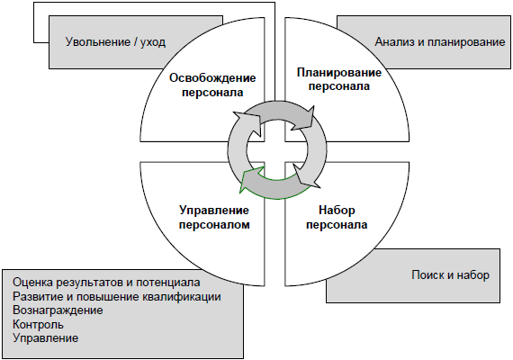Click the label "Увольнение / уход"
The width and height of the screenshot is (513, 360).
pos(115,42)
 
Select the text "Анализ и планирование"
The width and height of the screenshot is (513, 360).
pos(440,42)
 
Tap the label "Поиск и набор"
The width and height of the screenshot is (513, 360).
pos(450,274)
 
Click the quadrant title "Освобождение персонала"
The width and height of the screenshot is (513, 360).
pos(212,85)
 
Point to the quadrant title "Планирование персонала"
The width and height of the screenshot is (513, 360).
pos(339,79)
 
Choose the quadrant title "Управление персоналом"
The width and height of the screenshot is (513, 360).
pos(214,217)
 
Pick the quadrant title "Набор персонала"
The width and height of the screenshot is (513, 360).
pos(337,217)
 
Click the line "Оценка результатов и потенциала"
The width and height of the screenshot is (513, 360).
pos(106,282)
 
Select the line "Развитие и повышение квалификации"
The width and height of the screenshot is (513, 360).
pos(117,296)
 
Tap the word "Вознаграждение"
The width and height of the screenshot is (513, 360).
pos(58,310)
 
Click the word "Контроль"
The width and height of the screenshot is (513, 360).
pos(38,324)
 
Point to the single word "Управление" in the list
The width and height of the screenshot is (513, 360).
pos(46,338)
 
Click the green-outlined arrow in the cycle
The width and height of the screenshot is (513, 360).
pos(274,187)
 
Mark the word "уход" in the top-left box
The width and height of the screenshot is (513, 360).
pos(153,43)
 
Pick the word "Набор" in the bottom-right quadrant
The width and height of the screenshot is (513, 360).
pos(337,210)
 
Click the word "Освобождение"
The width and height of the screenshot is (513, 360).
pos(212,78)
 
